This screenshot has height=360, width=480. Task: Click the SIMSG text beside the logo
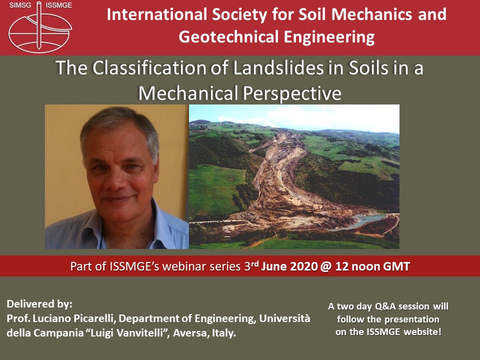point(20,5)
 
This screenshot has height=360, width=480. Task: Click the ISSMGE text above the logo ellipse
point(58,5)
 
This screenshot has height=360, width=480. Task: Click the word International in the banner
point(156,14)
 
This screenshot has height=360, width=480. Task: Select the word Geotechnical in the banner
point(228,37)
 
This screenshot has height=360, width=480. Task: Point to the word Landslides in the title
point(278,67)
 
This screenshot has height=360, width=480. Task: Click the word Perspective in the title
point(291,93)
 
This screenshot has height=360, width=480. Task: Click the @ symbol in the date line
point(326,266)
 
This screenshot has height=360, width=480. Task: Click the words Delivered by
point(39,304)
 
